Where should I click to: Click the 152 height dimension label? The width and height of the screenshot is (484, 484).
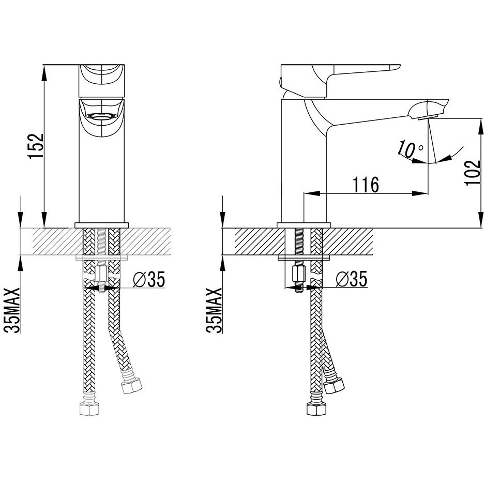pyautogui.click(x=36, y=146)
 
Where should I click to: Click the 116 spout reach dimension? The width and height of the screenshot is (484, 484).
pyautogui.click(x=366, y=185)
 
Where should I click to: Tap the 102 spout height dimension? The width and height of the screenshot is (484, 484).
pyautogui.click(x=473, y=173)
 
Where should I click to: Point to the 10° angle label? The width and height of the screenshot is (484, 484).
pyautogui.click(x=410, y=149)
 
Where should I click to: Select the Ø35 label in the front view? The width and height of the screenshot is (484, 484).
pyautogui.click(x=149, y=279)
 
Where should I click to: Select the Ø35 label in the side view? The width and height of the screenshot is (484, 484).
pyautogui.click(x=352, y=279)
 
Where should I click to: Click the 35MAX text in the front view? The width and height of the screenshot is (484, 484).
pyautogui.click(x=12, y=310)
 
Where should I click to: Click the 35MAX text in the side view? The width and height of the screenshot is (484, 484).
pyautogui.click(x=214, y=310)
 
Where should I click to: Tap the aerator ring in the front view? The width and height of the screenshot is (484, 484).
pyautogui.click(x=101, y=116)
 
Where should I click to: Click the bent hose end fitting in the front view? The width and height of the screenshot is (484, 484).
pyautogui.click(x=132, y=386)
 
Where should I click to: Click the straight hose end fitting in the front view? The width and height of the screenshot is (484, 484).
pyautogui.click(x=90, y=409)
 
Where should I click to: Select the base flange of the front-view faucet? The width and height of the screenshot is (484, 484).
pyautogui.click(x=101, y=225)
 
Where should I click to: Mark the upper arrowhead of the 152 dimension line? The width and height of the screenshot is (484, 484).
pyautogui.click(x=45, y=73)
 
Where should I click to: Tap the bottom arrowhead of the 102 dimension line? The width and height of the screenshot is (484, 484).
pyautogui.click(x=480, y=220)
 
